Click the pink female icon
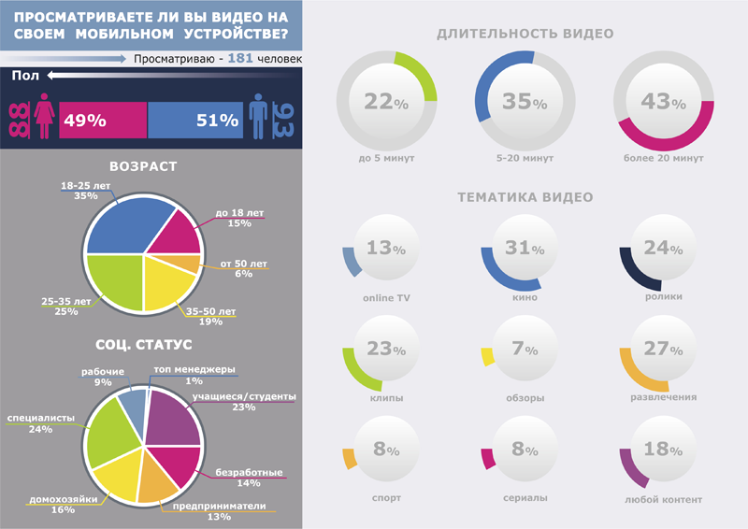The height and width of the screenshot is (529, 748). (x=43, y=121)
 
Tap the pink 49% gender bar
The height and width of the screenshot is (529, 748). (x=103, y=121)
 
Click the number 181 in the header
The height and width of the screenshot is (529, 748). (x=241, y=59)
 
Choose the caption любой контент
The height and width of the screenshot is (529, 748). (x=663, y=498)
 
